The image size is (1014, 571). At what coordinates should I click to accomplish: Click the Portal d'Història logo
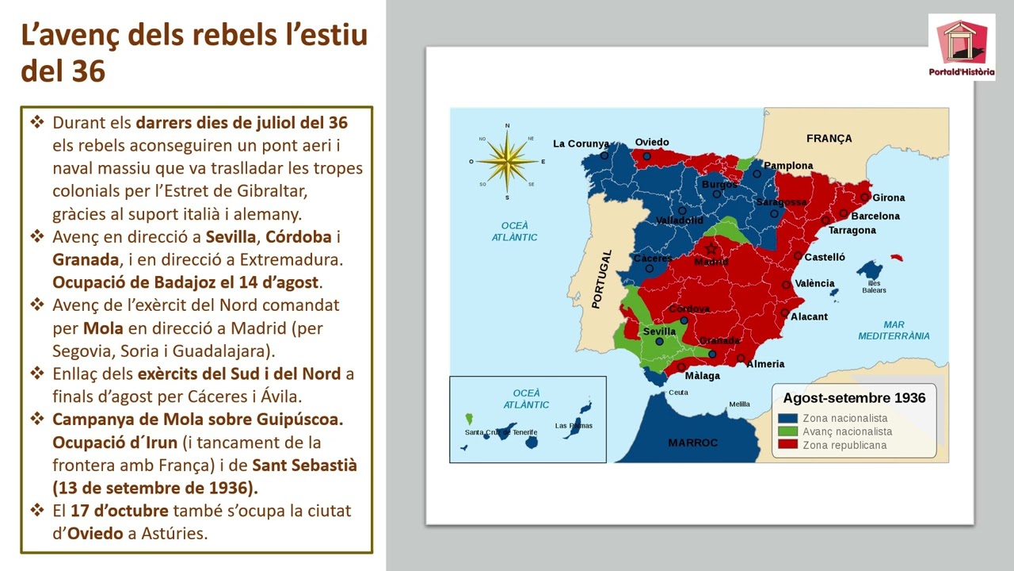(962, 47)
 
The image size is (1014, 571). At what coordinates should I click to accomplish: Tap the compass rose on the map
(507, 161)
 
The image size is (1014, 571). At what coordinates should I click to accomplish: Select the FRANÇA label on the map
(829, 138)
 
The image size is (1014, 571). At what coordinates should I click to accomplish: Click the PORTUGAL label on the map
(602, 279)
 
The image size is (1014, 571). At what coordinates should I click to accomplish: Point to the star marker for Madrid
(711, 249)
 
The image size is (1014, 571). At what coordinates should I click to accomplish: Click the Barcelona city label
(875, 216)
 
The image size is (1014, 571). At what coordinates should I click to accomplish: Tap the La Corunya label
(581, 144)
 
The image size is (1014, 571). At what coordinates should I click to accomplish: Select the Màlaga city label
(702, 375)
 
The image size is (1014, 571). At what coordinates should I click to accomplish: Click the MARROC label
(692, 443)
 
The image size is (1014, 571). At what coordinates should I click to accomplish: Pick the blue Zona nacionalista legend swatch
(787, 418)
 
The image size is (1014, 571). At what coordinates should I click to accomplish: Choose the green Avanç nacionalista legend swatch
(787, 431)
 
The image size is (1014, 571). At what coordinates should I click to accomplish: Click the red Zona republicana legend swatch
(787, 445)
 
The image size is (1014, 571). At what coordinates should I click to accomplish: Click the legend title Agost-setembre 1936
(854, 398)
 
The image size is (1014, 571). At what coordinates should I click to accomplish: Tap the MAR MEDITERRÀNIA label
(894, 330)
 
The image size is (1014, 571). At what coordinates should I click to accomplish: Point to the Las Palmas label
(574, 426)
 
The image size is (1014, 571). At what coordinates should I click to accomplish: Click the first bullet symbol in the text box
(37, 123)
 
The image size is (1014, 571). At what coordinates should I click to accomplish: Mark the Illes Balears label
(874, 286)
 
